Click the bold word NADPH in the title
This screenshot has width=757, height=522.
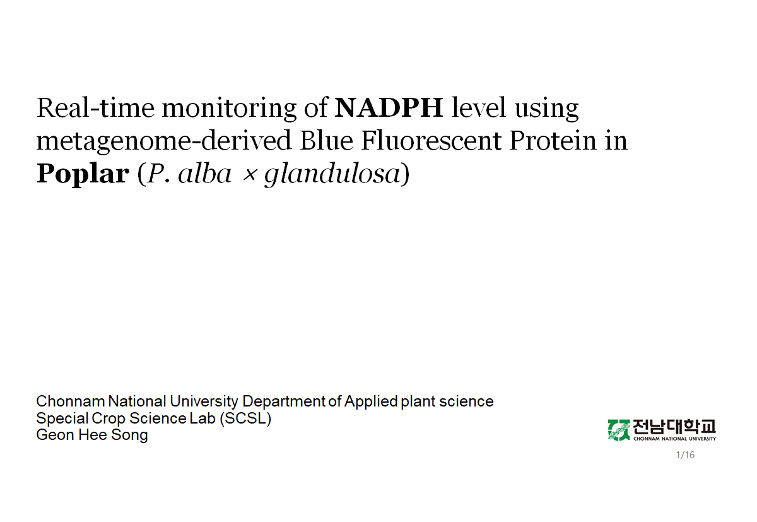(389, 108)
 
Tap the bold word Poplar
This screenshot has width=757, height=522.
(83, 174)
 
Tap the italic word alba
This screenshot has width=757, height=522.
(205, 174)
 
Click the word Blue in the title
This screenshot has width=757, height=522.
(326, 141)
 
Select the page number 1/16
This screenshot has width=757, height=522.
(685, 455)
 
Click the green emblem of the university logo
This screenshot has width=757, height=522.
(619, 430)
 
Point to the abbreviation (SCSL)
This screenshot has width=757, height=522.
(245, 418)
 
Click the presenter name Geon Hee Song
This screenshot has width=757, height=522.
(92, 436)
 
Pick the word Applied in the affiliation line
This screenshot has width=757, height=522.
(371, 401)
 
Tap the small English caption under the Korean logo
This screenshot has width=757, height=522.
(674, 439)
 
